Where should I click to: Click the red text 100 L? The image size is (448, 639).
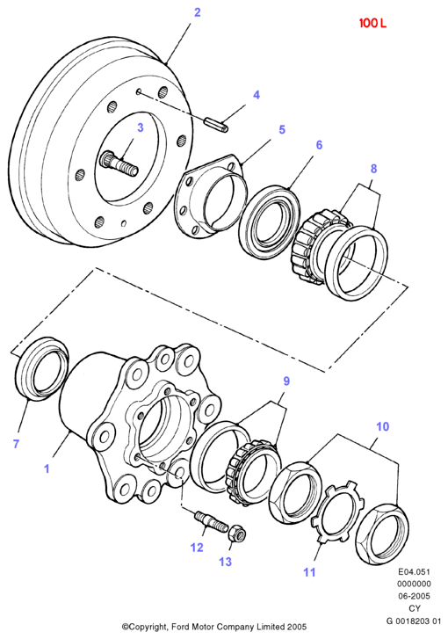point(372,23)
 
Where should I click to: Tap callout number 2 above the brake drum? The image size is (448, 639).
point(197,12)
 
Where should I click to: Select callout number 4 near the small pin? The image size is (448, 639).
point(257,95)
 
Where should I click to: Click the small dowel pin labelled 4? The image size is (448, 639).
point(216,125)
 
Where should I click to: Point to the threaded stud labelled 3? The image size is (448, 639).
point(120,163)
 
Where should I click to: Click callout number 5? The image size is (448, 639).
point(282,129)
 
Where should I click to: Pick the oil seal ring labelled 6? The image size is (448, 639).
point(270,222)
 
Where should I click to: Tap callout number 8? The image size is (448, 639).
point(373,169)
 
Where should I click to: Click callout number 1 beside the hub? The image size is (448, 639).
point(47,468)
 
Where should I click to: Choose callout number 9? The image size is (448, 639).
point(286,381)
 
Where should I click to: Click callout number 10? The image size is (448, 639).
point(382,426)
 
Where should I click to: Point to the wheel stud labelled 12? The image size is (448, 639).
point(210,521)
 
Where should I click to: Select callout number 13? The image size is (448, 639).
point(225,562)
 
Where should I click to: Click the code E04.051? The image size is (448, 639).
point(415,571)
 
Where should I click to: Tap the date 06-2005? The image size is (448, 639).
point(415,596)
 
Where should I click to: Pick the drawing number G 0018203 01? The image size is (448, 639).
point(414,621)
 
